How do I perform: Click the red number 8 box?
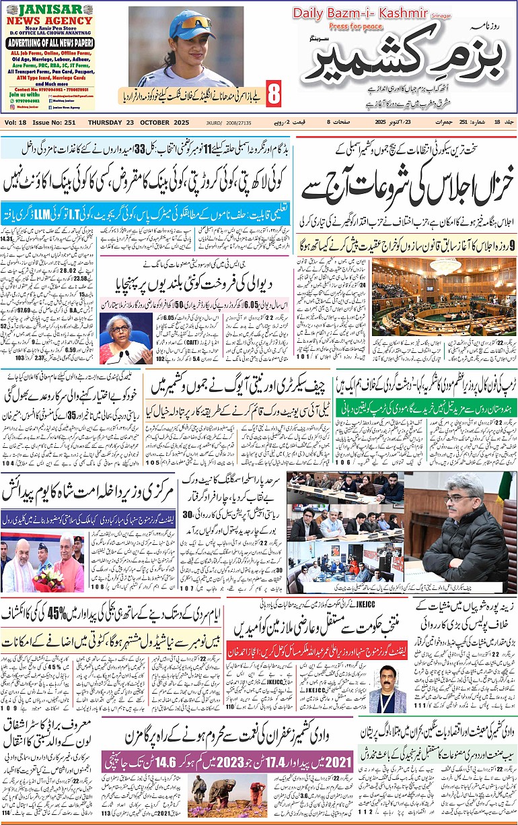coord(273,94)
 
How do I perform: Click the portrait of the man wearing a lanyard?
coord(391,682)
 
